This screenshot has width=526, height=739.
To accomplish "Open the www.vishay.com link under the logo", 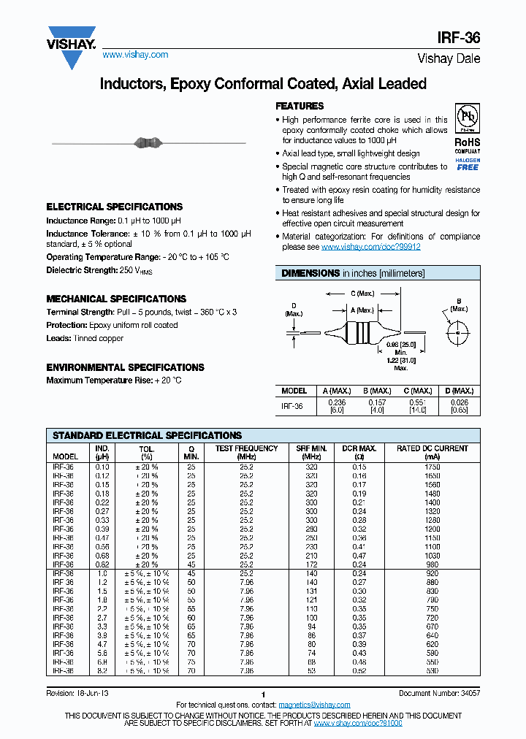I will pyautogui.click(x=135, y=55).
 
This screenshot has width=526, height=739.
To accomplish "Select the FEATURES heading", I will pyautogui.click(x=300, y=106).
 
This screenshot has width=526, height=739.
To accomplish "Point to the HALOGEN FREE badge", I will pyautogui.click(x=468, y=164).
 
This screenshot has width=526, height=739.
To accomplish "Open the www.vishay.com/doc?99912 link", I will pyautogui.click(x=370, y=247).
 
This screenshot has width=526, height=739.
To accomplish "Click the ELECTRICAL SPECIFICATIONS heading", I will pyautogui.click(x=114, y=207).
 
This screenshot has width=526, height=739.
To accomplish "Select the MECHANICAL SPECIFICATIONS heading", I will pyautogui.click(x=116, y=299).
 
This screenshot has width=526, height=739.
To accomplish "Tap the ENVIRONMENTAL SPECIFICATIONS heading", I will pyautogui.click(x=125, y=367).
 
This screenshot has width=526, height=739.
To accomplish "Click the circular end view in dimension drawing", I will pyautogui.click(x=458, y=333).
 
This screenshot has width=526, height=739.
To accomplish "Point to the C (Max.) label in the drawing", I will pyautogui.click(x=362, y=293).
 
